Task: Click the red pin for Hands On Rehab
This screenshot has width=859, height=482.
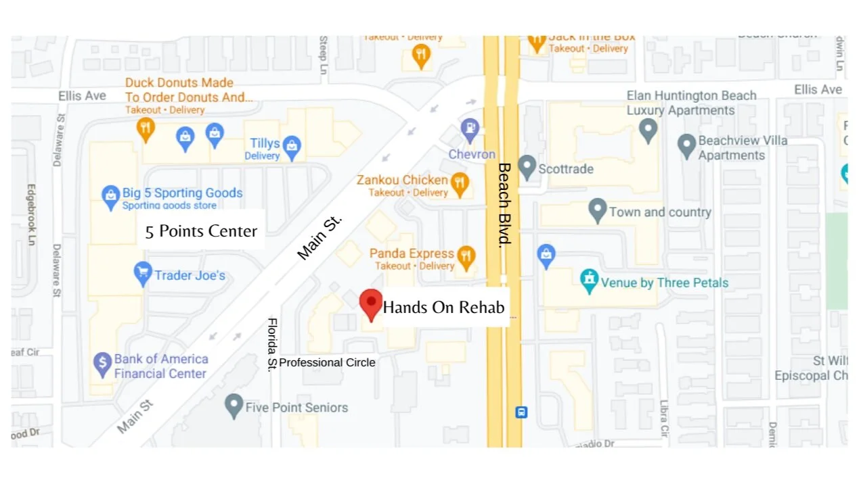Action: click(x=370, y=303)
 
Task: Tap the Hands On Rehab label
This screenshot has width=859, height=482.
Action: click(x=444, y=308)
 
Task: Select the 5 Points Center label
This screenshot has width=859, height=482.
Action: click(x=201, y=231)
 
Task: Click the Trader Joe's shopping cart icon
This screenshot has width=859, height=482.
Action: click(x=143, y=274)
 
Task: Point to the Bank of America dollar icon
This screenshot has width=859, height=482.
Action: click(x=102, y=364)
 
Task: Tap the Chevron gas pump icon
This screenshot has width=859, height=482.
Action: click(x=470, y=127)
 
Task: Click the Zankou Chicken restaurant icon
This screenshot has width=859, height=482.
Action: click(x=460, y=183)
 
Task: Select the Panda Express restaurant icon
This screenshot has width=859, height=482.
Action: click(x=466, y=257)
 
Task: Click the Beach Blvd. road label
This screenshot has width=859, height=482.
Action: click(x=505, y=203)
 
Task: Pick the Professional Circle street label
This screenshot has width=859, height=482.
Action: click(x=327, y=362)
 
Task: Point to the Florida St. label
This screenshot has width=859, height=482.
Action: click(x=273, y=344)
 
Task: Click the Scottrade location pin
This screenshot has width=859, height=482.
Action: click(x=527, y=166)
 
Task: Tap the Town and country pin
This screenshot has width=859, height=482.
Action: click(x=597, y=210)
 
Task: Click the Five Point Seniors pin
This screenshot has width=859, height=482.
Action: click(x=234, y=405)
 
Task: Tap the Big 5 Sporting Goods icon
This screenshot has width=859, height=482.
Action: click(x=110, y=197)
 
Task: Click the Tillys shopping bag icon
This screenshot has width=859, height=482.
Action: click(x=292, y=147)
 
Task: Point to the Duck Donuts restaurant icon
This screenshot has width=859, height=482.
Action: click(x=146, y=128)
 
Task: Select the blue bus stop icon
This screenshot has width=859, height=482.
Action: click(x=521, y=412)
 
